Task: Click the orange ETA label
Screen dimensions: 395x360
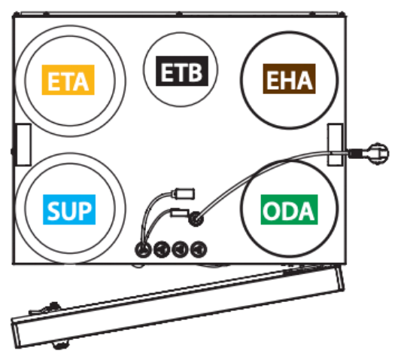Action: click(68, 80)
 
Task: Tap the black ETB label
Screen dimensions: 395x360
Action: click(182, 71)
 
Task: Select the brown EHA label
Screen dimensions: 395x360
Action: click(289, 79)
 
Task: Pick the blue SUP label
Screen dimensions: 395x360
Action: click(69, 209)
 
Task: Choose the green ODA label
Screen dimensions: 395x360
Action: click(289, 209)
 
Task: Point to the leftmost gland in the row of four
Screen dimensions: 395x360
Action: click(143, 249)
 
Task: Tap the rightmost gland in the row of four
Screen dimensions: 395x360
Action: click(199, 249)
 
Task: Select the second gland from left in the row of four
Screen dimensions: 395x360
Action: click(162, 249)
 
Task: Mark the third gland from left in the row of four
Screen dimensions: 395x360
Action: click(180, 249)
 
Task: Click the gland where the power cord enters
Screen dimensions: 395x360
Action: click(196, 219)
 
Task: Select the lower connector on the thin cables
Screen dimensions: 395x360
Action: click(180, 213)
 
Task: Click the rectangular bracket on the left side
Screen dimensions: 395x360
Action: click(23, 145)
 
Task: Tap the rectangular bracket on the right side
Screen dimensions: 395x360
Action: click(335, 145)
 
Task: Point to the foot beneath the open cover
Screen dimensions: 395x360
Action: click(60, 344)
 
